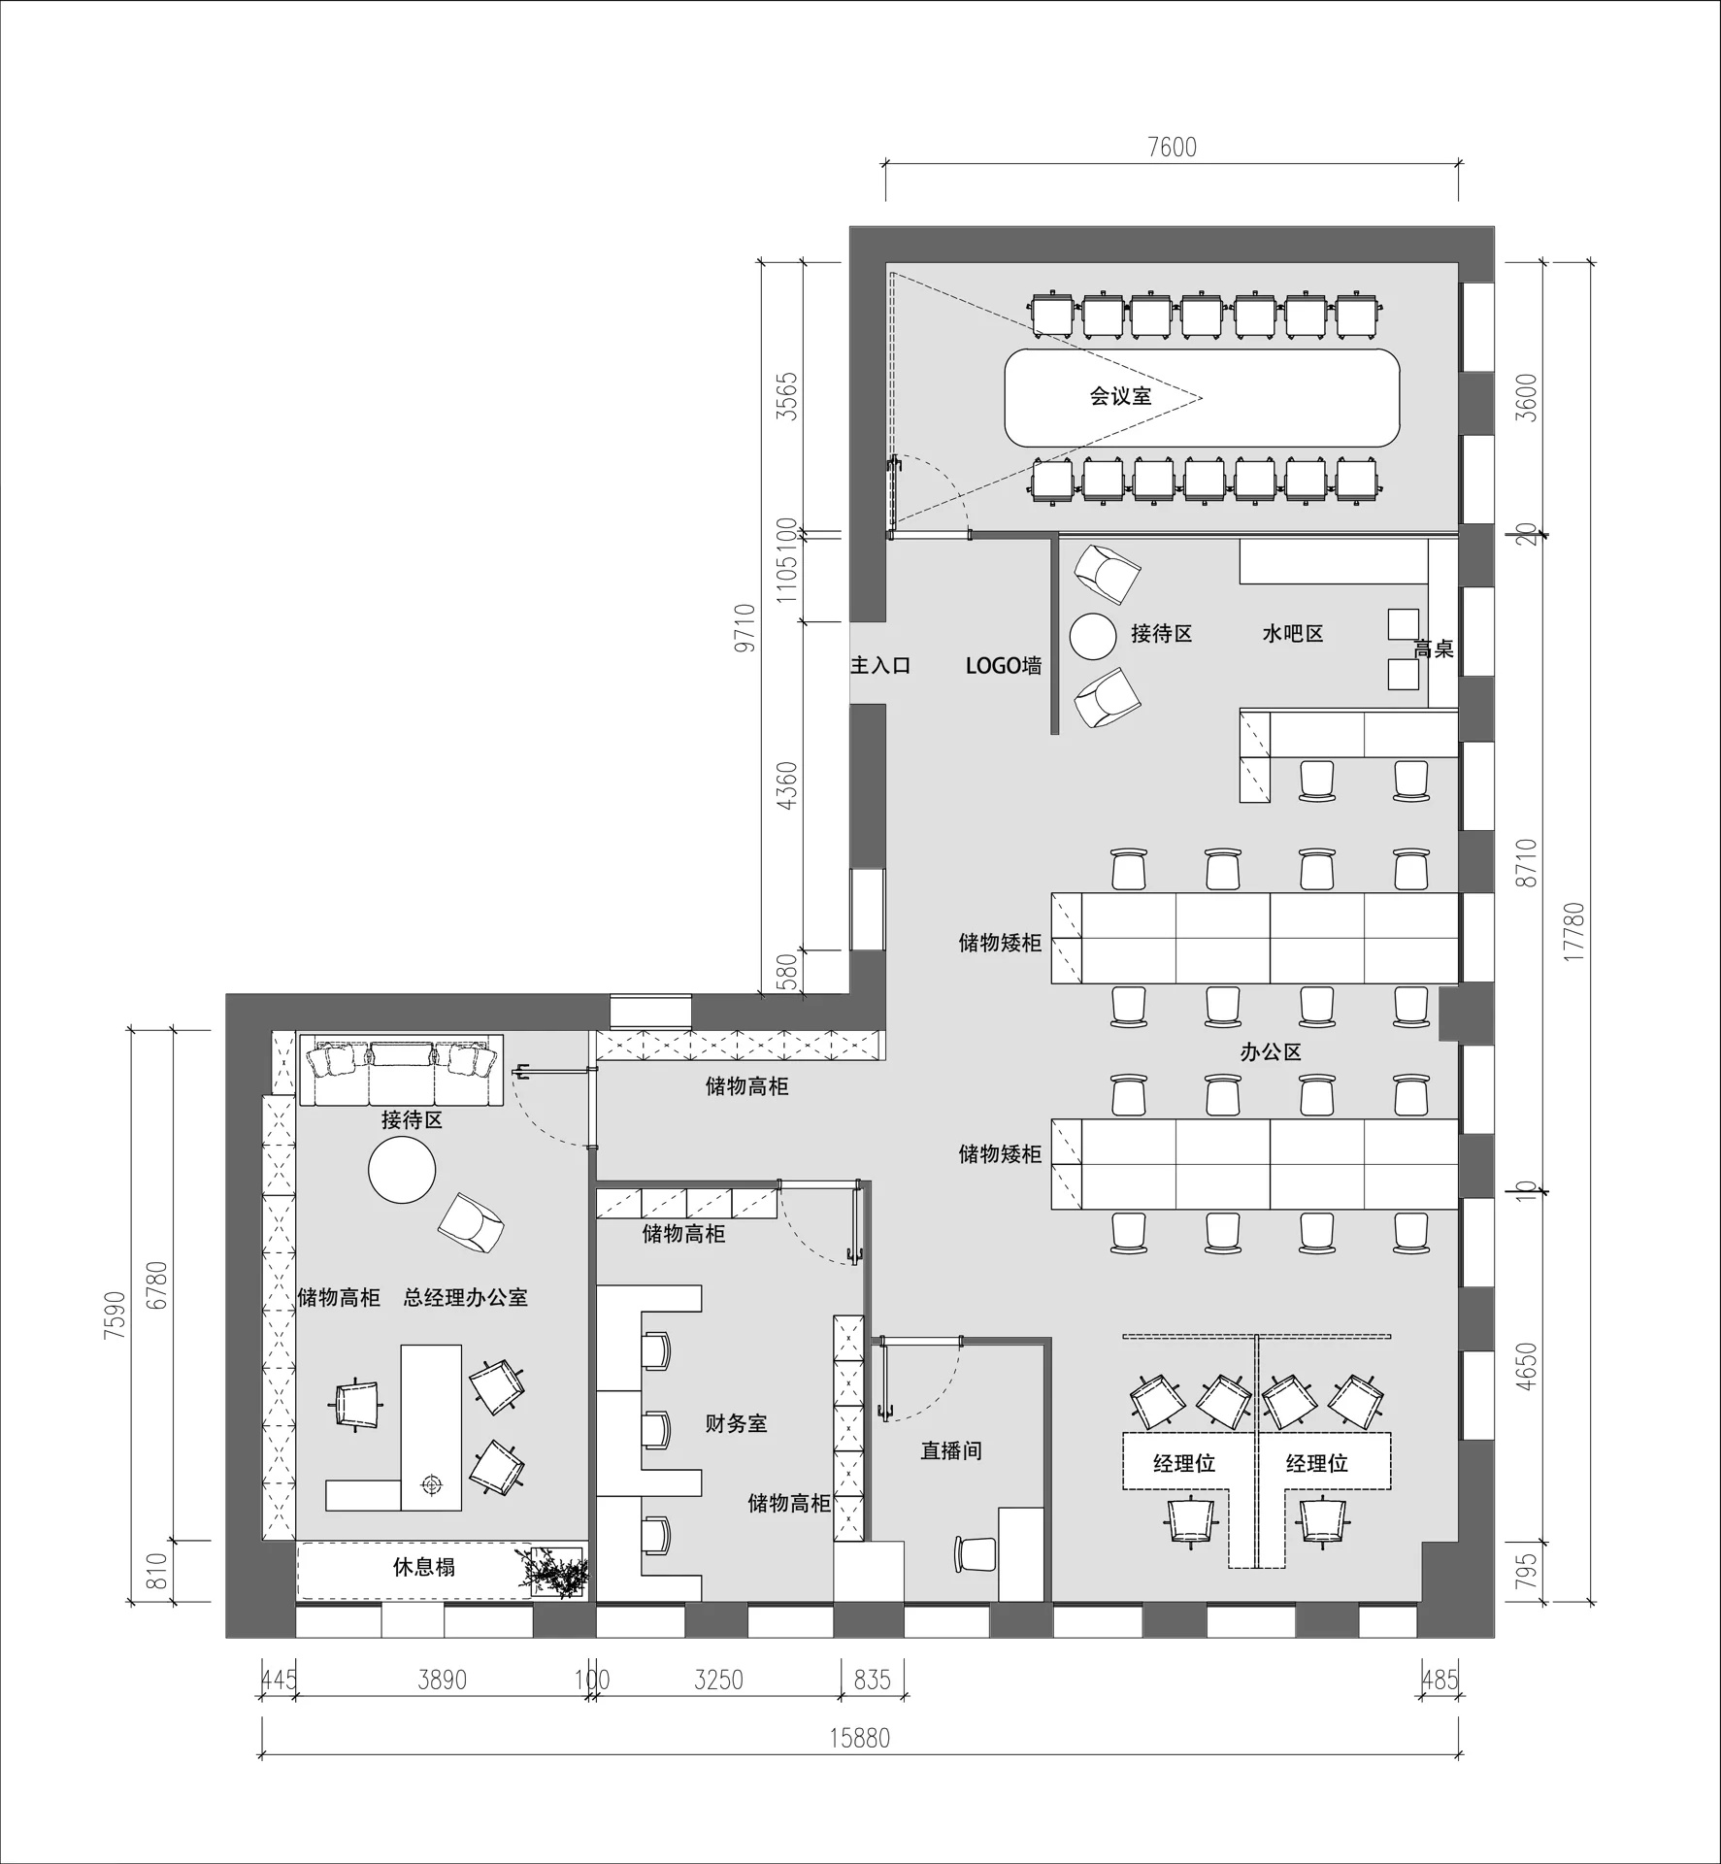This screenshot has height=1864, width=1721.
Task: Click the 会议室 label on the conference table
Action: click(1120, 396)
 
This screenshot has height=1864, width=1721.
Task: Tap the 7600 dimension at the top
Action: click(1172, 148)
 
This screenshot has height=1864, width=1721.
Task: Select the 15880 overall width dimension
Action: click(859, 1738)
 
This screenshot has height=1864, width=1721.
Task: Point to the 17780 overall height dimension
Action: click(1574, 932)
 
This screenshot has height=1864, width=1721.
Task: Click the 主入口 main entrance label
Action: click(880, 665)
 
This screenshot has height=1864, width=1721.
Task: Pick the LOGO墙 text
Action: click(1004, 666)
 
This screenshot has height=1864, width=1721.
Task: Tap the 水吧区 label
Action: click(1293, 634)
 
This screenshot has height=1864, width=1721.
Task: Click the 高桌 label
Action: click(1434, 649)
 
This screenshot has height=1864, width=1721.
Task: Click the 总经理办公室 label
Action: click(466, 1298)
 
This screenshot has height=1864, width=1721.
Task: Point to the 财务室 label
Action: click(736, 1424)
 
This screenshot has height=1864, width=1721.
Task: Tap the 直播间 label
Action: click(951, 1451)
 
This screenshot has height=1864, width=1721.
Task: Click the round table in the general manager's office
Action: click(402, 1171)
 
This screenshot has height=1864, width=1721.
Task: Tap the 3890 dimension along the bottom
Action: click(442, 1680)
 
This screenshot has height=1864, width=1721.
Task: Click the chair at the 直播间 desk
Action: click(976, 1580)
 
